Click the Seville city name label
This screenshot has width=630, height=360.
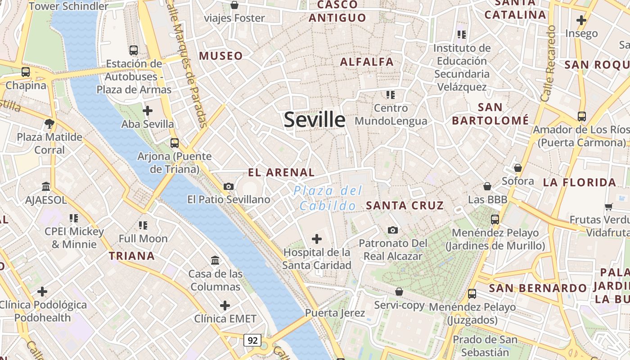coord(315,120)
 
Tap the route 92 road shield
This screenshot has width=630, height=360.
coord(252,340)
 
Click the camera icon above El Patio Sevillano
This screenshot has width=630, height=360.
coord(229,186)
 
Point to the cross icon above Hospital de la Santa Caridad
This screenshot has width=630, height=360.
coord(317,239)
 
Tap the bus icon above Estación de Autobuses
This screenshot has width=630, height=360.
coord(133,50)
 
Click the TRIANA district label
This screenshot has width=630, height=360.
coord(132,256)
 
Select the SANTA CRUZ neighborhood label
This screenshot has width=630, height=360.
coord(405,206)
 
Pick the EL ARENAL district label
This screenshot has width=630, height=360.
coord(281,172)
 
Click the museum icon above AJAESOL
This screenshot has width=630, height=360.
coord(46,186)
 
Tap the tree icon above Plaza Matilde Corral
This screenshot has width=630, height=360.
coord(49,123)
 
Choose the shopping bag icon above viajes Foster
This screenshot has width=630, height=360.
coord(234,5)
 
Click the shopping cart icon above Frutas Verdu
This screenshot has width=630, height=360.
coord(608,207)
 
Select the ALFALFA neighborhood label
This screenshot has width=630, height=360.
coord(367,62)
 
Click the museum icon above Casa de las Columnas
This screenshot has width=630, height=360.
coord(215,260)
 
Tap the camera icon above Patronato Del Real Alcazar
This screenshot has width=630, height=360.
coord(393,230)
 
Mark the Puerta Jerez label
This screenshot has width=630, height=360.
coord(327,313)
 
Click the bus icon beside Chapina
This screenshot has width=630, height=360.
coord(26,72)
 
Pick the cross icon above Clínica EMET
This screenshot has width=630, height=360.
coord(225,306)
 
